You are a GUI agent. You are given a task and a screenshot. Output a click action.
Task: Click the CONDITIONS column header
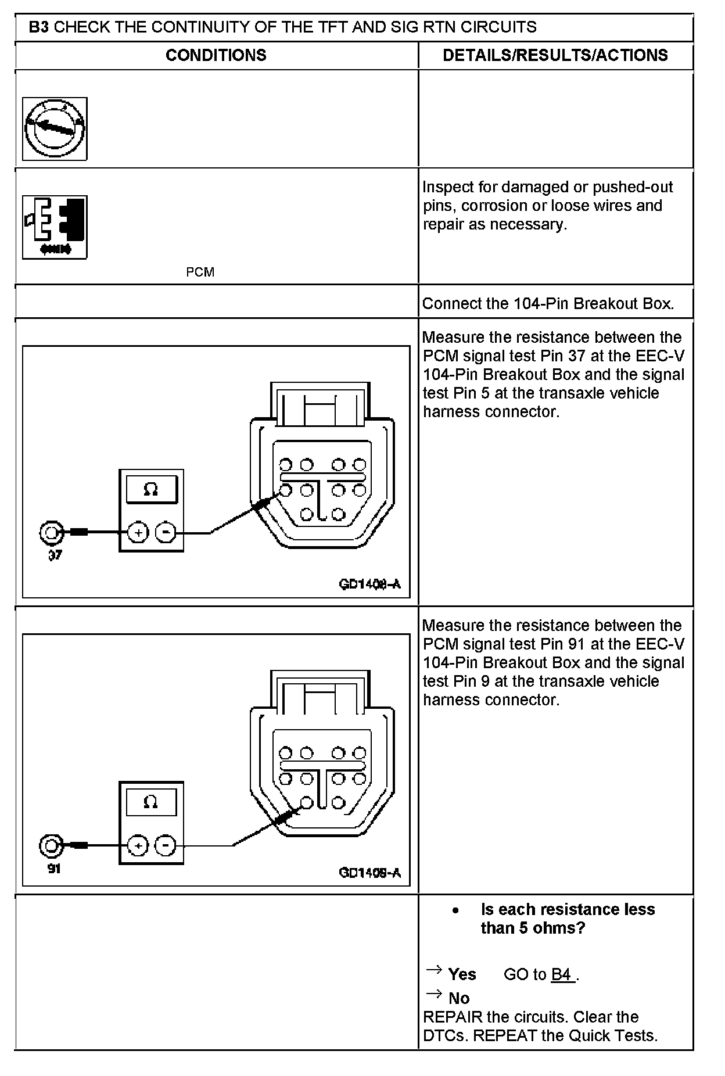(216, 55)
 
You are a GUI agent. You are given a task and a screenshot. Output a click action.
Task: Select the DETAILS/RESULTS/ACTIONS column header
(555, 55)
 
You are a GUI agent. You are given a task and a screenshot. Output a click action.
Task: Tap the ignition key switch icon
(55, 129)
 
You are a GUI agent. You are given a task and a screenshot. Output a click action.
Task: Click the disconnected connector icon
(55, 227)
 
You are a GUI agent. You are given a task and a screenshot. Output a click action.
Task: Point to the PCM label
(200, 272)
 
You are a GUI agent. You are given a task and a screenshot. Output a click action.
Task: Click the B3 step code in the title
(38, 27)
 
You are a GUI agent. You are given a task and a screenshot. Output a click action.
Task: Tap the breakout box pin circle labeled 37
(51, 532)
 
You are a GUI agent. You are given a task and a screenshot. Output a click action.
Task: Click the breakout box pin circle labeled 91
(51, 845)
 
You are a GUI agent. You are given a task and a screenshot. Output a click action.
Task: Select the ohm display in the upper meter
(151, 489)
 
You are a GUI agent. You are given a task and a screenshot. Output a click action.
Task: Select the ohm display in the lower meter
(151, 802)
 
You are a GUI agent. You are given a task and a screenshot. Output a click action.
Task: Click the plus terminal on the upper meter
(138, 532)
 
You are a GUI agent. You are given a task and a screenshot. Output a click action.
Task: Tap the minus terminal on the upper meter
(166, 532)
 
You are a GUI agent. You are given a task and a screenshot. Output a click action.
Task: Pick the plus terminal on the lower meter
(138, 846)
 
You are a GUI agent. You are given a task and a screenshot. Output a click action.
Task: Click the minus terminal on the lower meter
(166, 846)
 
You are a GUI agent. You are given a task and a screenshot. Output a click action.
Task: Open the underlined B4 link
(562, 974)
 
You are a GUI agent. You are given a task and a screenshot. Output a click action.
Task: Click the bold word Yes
(462, 974)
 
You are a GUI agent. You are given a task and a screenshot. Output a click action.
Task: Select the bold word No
(459, 998)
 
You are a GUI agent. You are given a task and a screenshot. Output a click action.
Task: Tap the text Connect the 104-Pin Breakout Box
(548, 303)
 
